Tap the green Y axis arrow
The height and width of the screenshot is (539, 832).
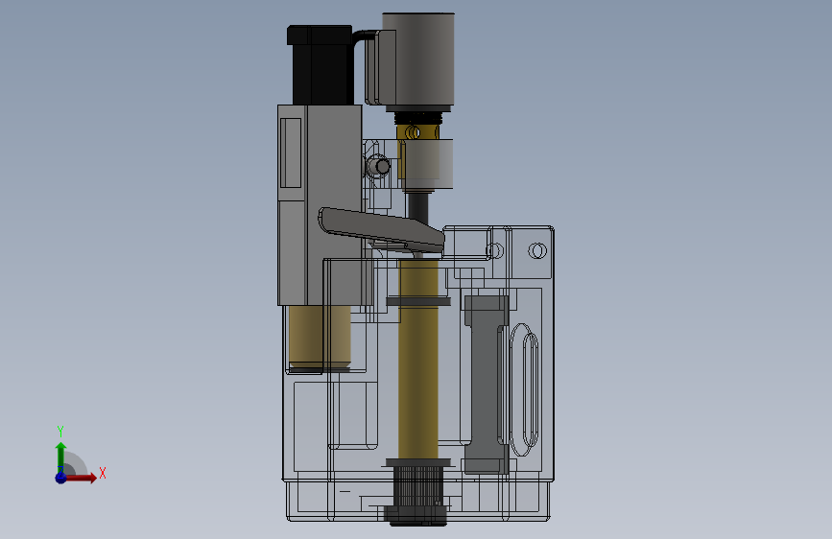coord(61,457)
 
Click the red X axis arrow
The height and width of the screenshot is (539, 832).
coord(80,478)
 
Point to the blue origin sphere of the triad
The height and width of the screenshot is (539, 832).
coord(61,478)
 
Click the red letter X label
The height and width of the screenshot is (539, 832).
coord(103,473)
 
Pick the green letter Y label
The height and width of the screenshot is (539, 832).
coord(60,431)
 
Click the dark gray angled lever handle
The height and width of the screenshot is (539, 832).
coord(381,228)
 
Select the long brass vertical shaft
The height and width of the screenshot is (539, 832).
coord(418,359)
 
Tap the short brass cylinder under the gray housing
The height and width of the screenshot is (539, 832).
coord(320,337)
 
